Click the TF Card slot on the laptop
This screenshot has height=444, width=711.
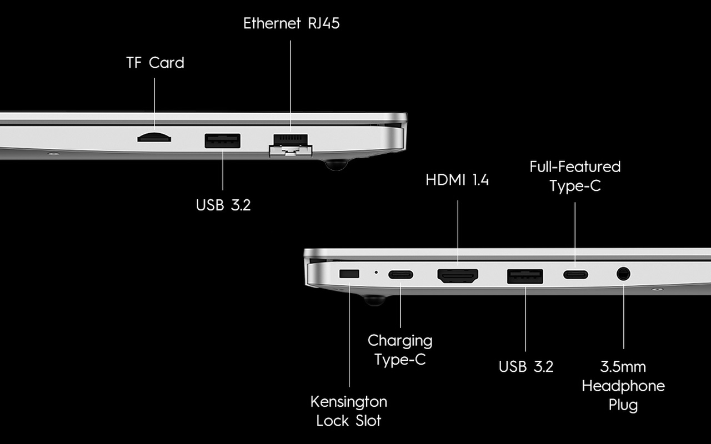click(154, 138)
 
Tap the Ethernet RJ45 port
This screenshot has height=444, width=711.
click(291, 145)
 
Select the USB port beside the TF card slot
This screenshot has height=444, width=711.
click(223, 141)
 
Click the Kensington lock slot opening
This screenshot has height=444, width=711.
click(349, 274)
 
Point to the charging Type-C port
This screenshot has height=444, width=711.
click(400, 275)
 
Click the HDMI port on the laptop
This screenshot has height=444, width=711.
click(458, 276)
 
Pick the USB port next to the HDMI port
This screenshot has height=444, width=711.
click(525, 276)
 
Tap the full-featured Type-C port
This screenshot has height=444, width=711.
click(575, 275)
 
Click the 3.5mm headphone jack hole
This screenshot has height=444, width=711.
click(623, 274)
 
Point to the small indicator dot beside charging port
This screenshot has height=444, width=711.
click(376, 272)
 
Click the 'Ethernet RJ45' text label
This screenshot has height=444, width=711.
click(292, 23)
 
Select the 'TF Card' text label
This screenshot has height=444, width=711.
click(155, 63)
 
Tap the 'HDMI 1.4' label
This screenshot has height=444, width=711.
click(457, 180)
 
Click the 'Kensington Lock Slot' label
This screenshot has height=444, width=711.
click(349, 411)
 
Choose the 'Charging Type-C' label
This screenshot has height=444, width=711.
click(400, 350)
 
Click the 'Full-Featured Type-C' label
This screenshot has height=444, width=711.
click(575, 176)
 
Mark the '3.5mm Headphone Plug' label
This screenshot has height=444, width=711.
click(623, 386)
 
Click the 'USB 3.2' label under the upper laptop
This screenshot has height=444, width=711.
click(223, 205)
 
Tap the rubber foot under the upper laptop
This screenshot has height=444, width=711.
click(336, 165)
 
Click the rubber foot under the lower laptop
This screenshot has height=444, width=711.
click(374, 300)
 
